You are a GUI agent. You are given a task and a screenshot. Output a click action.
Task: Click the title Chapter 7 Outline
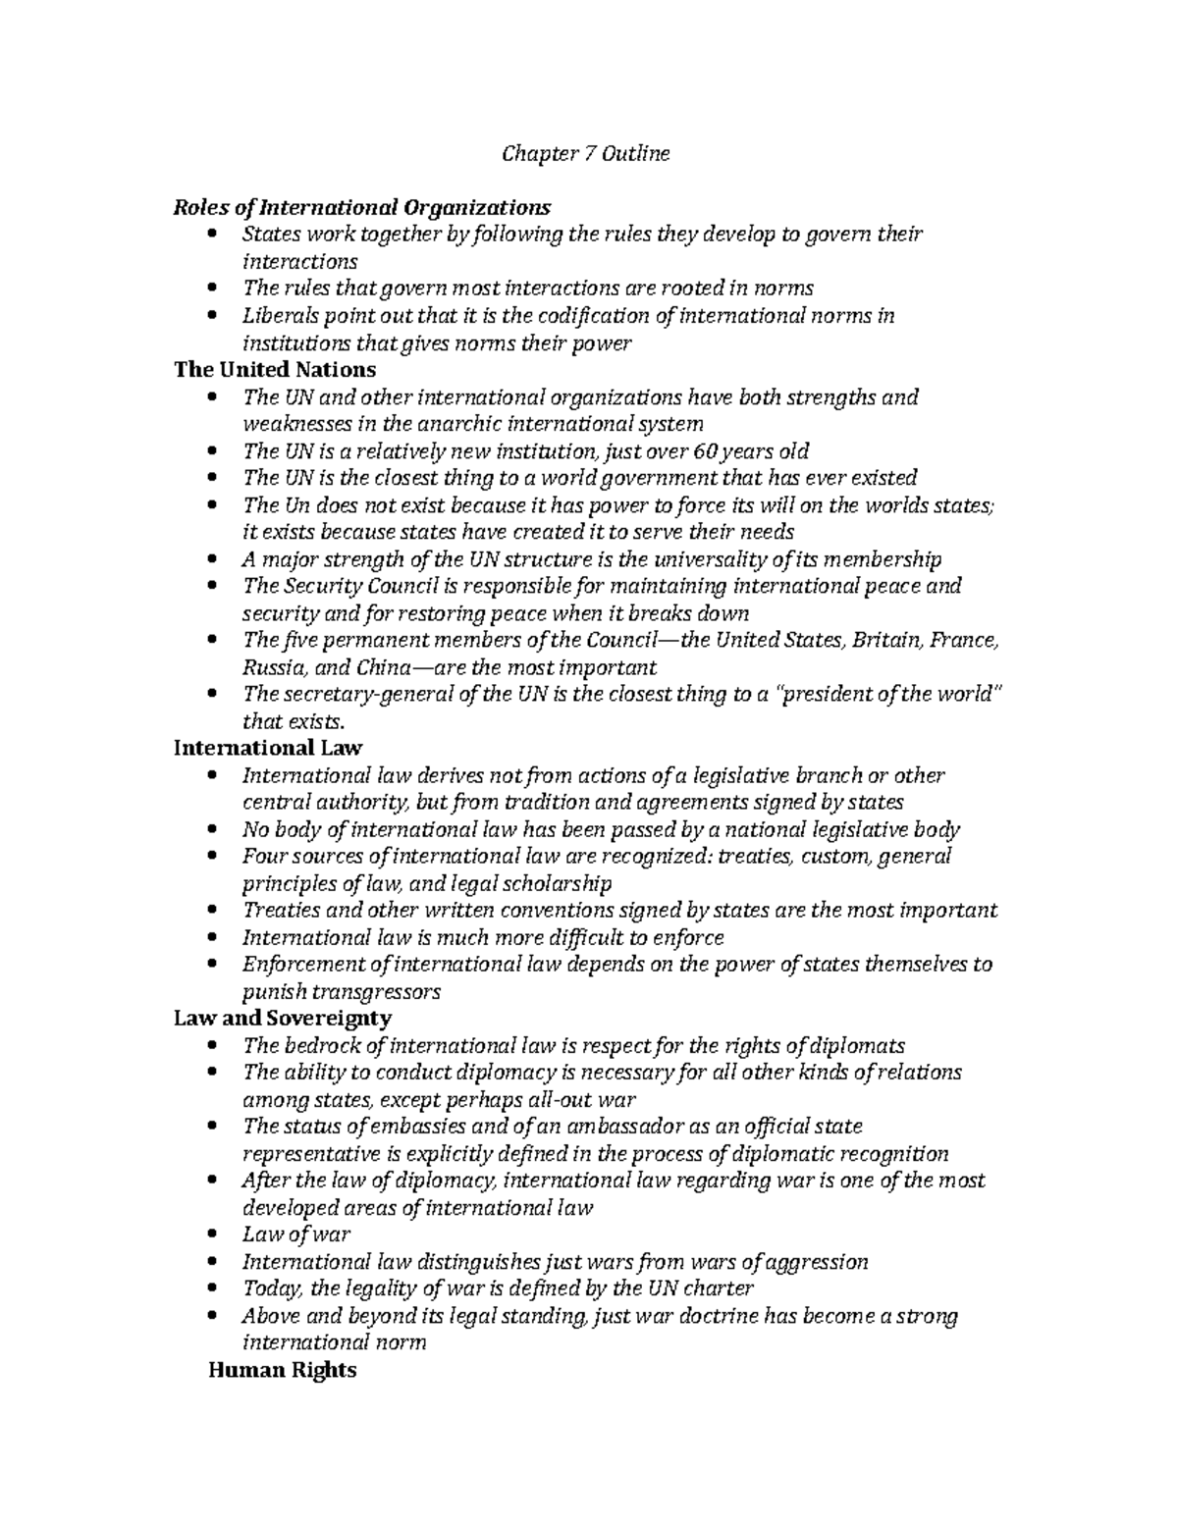(585, 153)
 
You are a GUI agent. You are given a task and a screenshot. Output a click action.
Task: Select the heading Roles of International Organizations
(362, 207)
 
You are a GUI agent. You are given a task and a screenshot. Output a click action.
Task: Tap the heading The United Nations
(275, 369)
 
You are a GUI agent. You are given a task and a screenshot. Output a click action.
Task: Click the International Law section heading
(268, 748)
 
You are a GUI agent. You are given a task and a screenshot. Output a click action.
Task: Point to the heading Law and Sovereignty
(283, 1018)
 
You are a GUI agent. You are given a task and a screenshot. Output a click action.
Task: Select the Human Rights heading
(283, 1369)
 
